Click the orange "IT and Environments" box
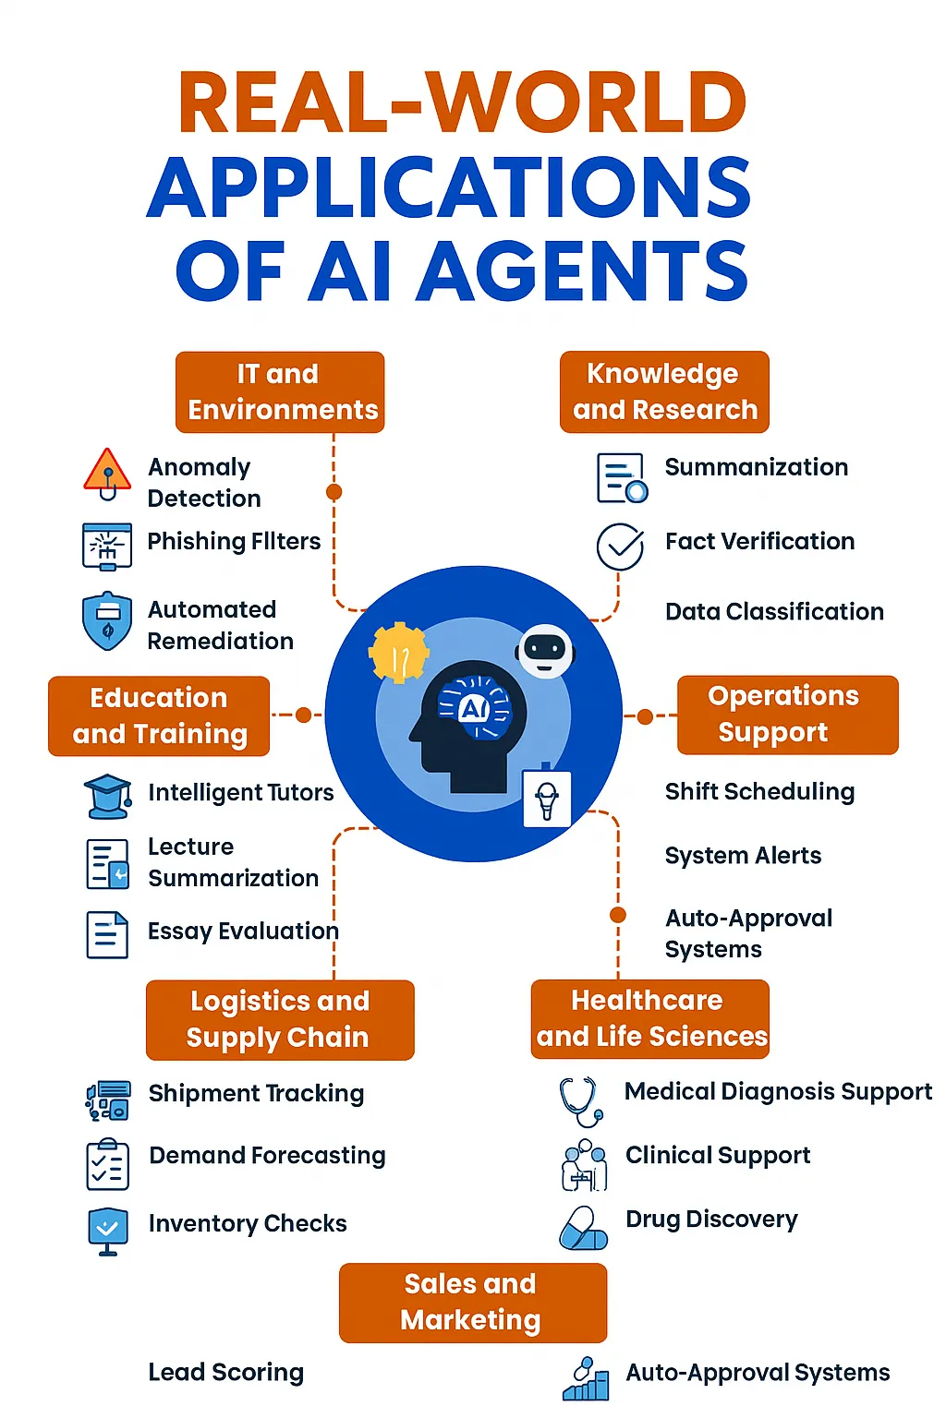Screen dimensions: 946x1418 pyautogui.click(x=280, y=391)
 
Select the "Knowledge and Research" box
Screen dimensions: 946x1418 pyautogui.click(x=664, y=391)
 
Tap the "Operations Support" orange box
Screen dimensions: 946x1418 pyautogui.click(x=788, y=715)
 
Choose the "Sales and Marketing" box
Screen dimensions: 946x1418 pyautogui.click(x=473, y=1303)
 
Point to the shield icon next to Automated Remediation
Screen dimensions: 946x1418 pyautogui.click(x=107, y=621)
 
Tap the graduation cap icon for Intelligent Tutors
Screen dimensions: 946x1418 pyautogui.click(x=108, y=796)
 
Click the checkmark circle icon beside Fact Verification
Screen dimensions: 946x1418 pyautogui.click(x=620, y=547)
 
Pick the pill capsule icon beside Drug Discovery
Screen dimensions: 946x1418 pyautogui.click(x=583, y=1228)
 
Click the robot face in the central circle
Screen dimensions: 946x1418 pyautogui.click(x=545, y=651)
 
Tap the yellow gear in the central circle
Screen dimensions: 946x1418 pyautogui.click(x=398, y=653)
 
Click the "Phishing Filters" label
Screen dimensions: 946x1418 pyautogui.click(x=234, y=541)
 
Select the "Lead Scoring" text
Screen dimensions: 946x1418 pyautogui.click(x=226, y=1372)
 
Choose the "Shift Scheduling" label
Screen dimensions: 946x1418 pyautogui.click(x=759, y=791)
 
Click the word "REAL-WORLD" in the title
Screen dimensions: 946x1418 pyautogui.click(x=463, y=102)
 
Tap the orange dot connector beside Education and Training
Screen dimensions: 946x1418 pyautogui.click(x=304, y=715)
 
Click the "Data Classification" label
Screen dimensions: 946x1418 pyautogui.click(x=774, y=611)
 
